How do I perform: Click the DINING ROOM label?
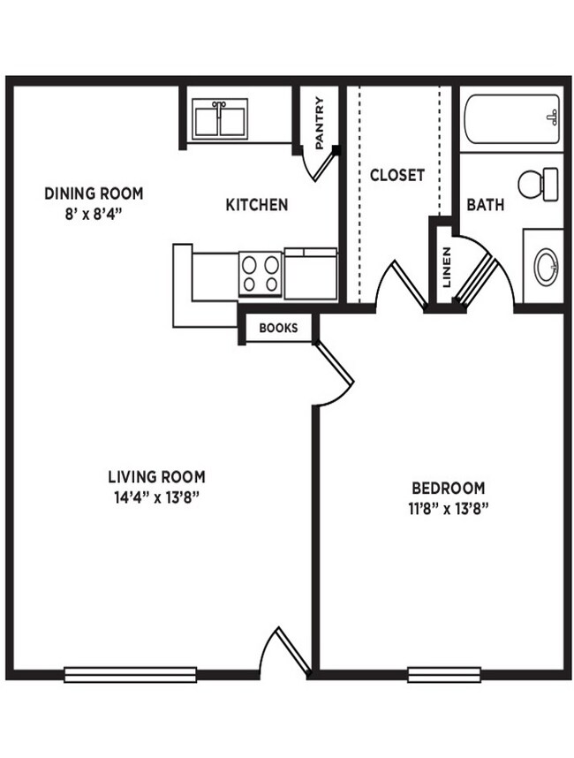94,193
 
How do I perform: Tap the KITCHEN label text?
257,205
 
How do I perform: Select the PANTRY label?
319,123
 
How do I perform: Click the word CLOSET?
397,175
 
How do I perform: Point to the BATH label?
486,205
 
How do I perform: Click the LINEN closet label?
447,267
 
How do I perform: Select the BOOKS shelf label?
278,329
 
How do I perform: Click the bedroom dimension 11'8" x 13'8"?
448,508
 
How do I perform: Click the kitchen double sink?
221,117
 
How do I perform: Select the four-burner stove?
261,273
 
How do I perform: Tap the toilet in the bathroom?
538,184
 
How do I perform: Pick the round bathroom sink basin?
546,263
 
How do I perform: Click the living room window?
131,675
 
